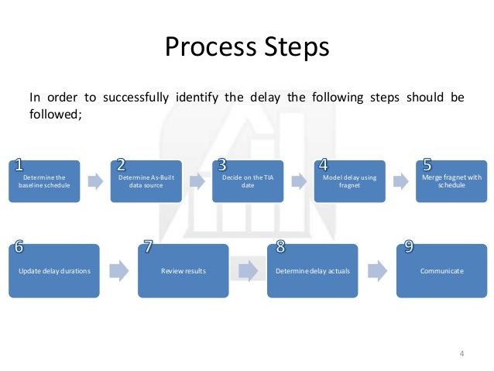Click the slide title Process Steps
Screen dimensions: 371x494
pos(247,46)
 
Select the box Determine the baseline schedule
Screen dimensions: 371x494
pos(45,181)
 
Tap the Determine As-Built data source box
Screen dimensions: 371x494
pos(146,181)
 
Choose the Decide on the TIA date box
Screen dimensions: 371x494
pos(248,181)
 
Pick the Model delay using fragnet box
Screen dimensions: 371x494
pos(349,181)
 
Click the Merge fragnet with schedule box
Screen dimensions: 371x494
pos(451,181)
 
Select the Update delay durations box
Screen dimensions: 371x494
pos(55,271)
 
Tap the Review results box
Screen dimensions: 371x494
pos(184,271)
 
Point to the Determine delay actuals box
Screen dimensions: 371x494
pos(312,271)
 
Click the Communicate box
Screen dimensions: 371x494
pos(441,271)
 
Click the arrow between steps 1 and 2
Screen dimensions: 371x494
pos(95,181)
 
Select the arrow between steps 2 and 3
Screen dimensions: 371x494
pos(197,181)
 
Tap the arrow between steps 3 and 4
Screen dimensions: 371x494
pos(298,181)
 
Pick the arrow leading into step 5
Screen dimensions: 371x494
pos(400,181)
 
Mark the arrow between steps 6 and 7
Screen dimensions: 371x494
pos(119,271)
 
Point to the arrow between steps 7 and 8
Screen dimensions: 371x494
pos(248,271)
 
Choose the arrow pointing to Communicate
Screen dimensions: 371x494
pos(376,271)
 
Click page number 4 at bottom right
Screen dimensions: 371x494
pos(461,354)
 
